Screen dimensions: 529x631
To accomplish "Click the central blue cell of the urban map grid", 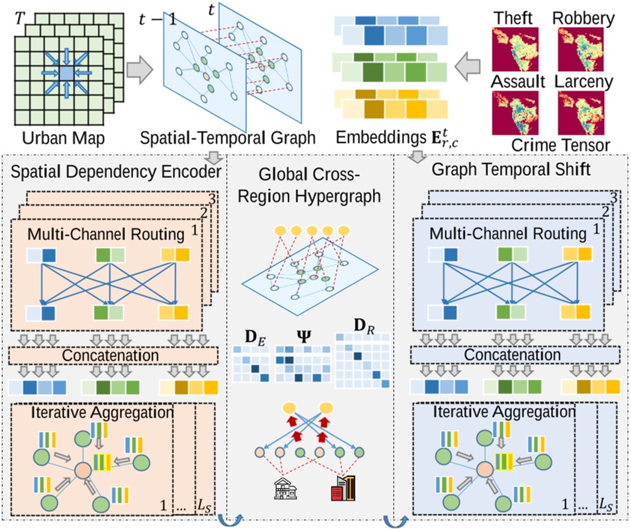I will coord(65,73).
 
